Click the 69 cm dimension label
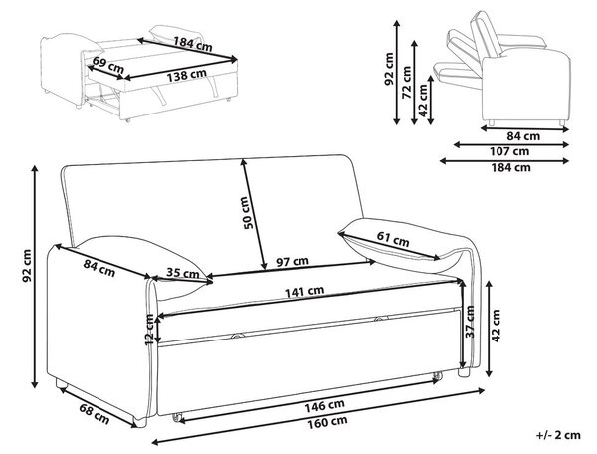(x=108, y=65)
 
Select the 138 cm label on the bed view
(x=187, y=75)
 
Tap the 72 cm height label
(x=407, y=83)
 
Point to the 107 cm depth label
(x=510, y=151)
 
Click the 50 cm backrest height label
(x=248, y=212)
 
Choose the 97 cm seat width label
(x=293, y=261)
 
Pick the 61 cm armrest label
(x=393, y=239)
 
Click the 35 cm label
(x=183, y=273)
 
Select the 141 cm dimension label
(x=304, y=292)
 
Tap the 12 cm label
(x=150, y=330)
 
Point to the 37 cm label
(x=471, y=321)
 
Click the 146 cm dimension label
(x=324, y=405)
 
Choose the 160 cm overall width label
(x=327, y=422)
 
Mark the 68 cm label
(x=95, y=413)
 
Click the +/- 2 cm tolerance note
(x=558, y=435)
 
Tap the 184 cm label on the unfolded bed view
(x=193, y=44)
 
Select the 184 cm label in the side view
(x=511, y=167)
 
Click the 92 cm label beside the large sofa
(x=27, y=266)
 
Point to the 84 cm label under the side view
(x=523, y=136)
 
